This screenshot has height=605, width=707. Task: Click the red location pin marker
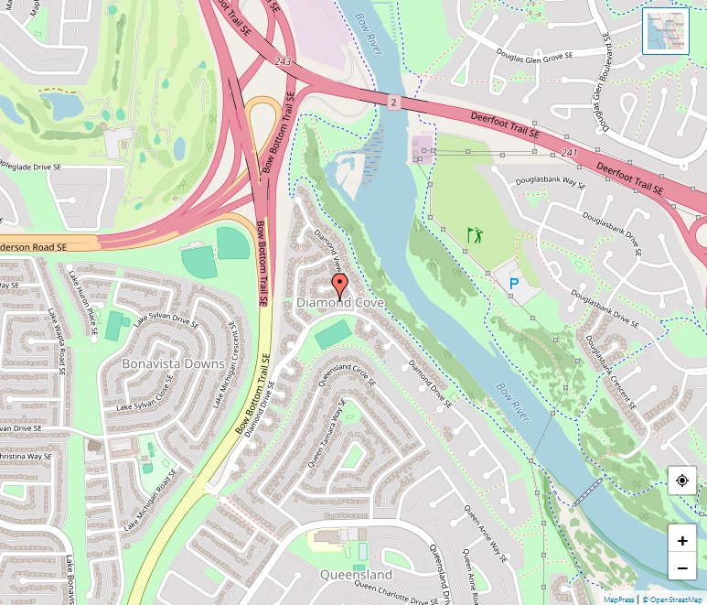click(339, 285)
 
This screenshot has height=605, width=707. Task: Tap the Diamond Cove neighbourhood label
click(339, 303)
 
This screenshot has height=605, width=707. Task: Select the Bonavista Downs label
click(173, 363)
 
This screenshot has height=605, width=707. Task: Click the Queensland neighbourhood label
click(356, 575)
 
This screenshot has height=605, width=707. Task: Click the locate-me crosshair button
click(682, 481)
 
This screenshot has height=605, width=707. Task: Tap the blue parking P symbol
click(514, 285)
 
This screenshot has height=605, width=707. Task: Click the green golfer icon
click(475, 235)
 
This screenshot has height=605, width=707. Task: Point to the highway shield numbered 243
click(284, 60)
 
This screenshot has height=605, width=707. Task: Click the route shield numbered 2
click(393, 103)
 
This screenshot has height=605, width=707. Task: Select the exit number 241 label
click(571, 152)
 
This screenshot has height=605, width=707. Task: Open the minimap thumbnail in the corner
click(665, 31)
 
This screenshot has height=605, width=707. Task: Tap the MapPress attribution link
click(618, 600)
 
